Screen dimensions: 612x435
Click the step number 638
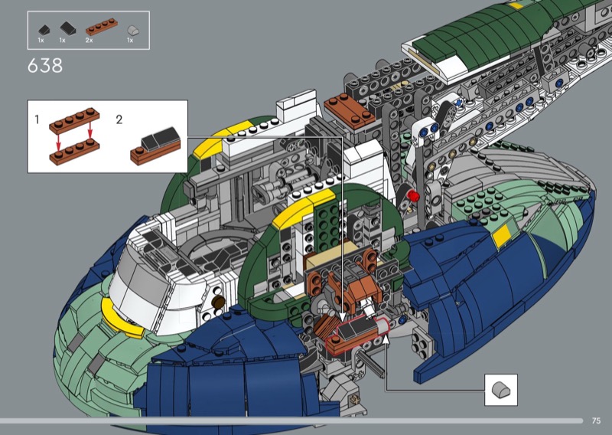pos(45,66)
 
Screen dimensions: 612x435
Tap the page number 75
pos(596,420)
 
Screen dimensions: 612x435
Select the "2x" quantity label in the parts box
pos(89,41)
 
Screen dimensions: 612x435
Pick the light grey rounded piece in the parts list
pos(133,31)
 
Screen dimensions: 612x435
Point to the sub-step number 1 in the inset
pos(37,119)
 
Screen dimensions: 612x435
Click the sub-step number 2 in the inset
pos(119,119)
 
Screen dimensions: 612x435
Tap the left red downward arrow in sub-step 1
pos(58,142)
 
